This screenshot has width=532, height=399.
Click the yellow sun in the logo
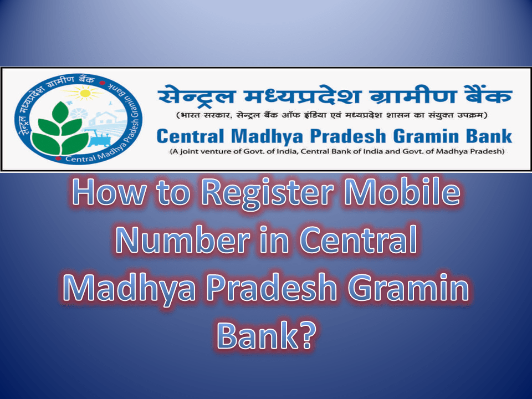(x=85, y=93)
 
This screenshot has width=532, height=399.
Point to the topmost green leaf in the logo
(x=61, y=112)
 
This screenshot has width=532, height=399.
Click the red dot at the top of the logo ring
(x=101, y=83)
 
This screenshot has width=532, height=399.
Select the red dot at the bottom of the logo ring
(x=58, y=158)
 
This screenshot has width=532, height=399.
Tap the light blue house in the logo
(x=105, y=118)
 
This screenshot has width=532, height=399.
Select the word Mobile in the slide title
(x=402, y=192)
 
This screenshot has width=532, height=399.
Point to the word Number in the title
(x=183, y=240)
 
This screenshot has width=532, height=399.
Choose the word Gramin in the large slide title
(x=409, y=288)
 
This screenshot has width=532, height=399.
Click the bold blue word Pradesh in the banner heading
(x=348, y=136)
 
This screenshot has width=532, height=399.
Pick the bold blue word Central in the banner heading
(x=190, y=136)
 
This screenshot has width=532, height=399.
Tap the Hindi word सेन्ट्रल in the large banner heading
(x=196, y=95)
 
